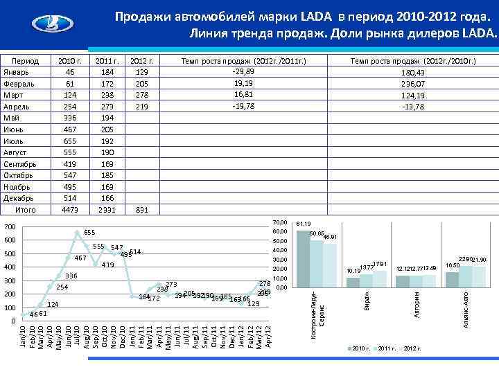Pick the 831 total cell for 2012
click(141, 209)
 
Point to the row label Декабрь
click(28, 198)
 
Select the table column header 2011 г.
click(106, 60)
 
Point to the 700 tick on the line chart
click(9, 227)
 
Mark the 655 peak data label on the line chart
click(89, 233)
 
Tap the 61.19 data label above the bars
click(304, 224)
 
